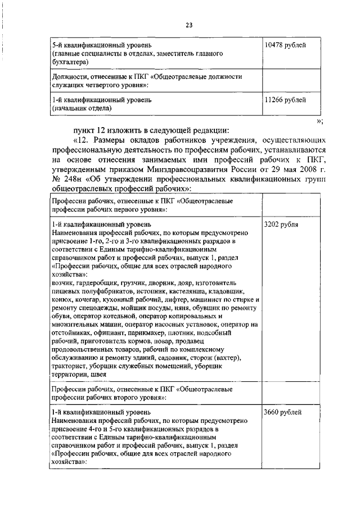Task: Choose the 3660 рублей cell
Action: coord(283,412)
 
